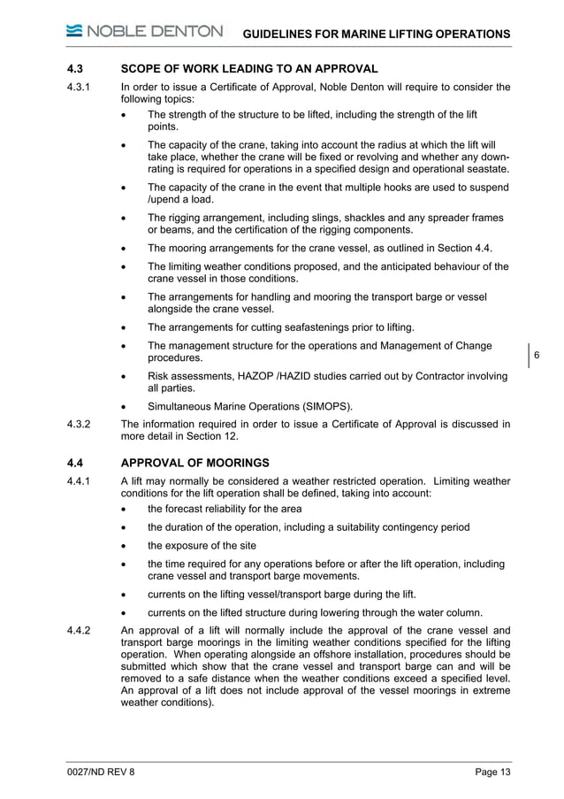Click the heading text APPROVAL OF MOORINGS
[x=194, y=463]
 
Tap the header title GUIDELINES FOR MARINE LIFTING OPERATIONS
[x=377, y=34]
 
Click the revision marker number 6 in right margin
[x=537, y=357]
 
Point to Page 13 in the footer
[x=492, y=772]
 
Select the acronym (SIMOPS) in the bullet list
[x=323, y=407]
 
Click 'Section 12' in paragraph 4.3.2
[x=210, y=436]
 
